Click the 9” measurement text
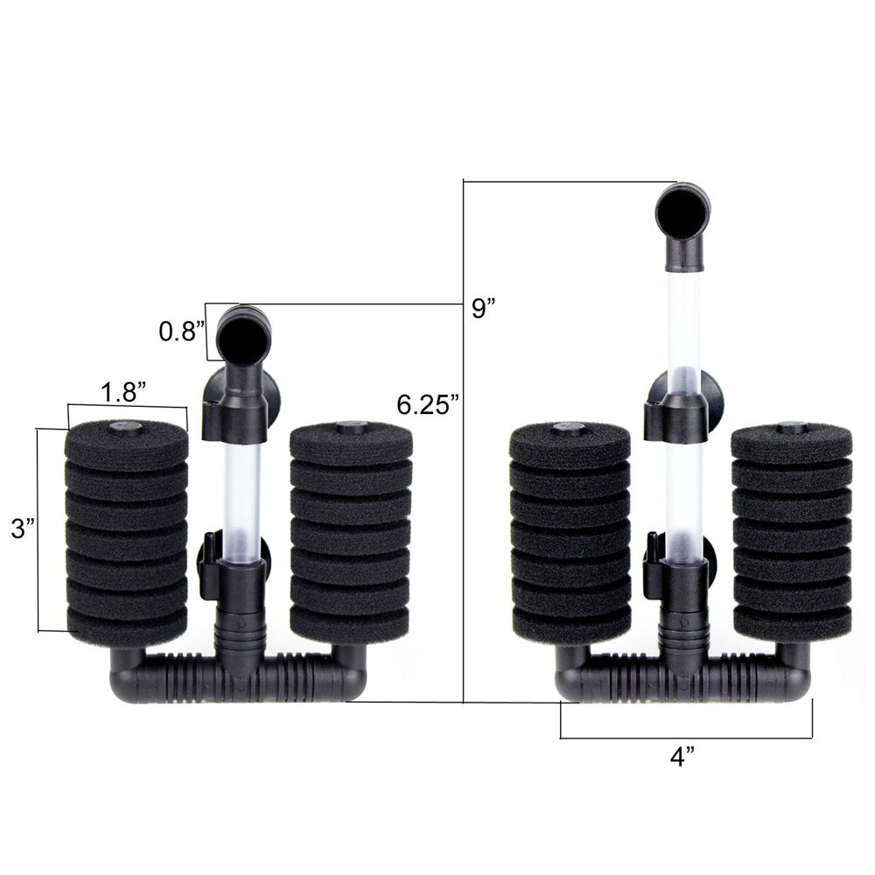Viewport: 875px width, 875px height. (479, 309)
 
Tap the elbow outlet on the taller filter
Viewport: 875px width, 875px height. (682, 210)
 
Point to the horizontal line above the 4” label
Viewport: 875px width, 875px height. (686, 738)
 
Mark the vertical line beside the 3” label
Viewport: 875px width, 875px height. (38, 528)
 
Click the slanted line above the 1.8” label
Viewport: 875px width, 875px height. (127, 405)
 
